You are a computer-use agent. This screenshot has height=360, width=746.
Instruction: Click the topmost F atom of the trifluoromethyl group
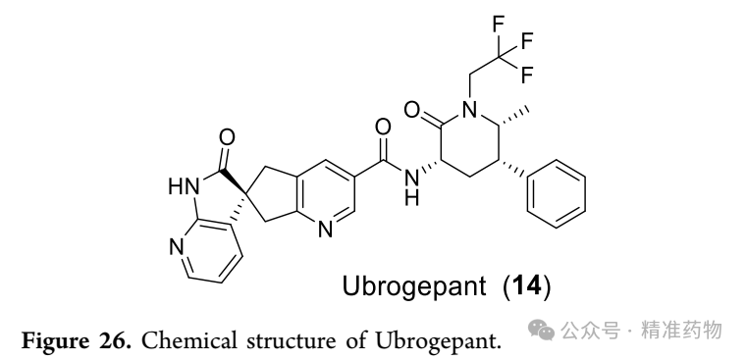(498, 25)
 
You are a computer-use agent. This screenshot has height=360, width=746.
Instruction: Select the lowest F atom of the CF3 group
(527, 76)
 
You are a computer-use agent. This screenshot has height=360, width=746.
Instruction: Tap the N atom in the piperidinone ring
(469, 110)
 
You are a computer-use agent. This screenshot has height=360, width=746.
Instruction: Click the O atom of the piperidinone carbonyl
(412, 110)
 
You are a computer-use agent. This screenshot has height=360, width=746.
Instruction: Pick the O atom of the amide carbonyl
(383, 128)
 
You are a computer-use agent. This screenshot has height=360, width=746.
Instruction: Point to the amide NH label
(412, 187)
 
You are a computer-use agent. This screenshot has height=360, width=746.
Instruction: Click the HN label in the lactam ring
(184, 186)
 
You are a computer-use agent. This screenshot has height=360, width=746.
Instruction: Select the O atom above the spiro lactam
(227, 138)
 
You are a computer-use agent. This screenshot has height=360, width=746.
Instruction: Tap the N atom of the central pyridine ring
(326, 231)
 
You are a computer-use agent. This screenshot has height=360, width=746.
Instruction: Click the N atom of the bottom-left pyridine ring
(177, 247)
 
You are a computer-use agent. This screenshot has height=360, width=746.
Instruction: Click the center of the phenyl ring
(557, 194)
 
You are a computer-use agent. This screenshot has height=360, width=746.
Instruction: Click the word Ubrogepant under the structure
(414, 286)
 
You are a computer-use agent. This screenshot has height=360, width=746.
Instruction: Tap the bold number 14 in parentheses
(527, 285)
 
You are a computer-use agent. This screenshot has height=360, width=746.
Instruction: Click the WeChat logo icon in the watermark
(543, 330)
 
